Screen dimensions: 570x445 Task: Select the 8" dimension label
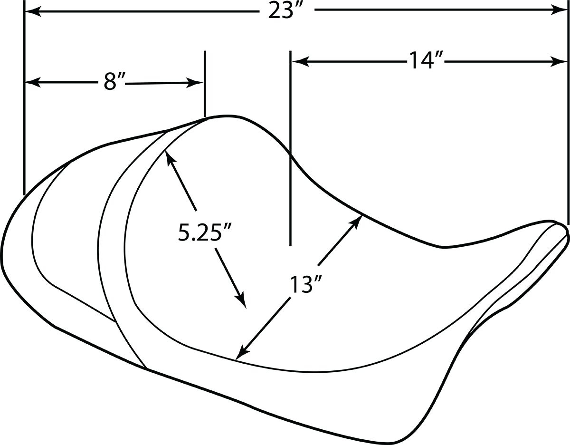click(x=111, y=82)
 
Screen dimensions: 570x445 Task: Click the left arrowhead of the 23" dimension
click(x=32, y=12)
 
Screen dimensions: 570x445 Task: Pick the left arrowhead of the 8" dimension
click(x=33, y=82)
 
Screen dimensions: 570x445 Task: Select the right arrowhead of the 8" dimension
click(x=195, y=83)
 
